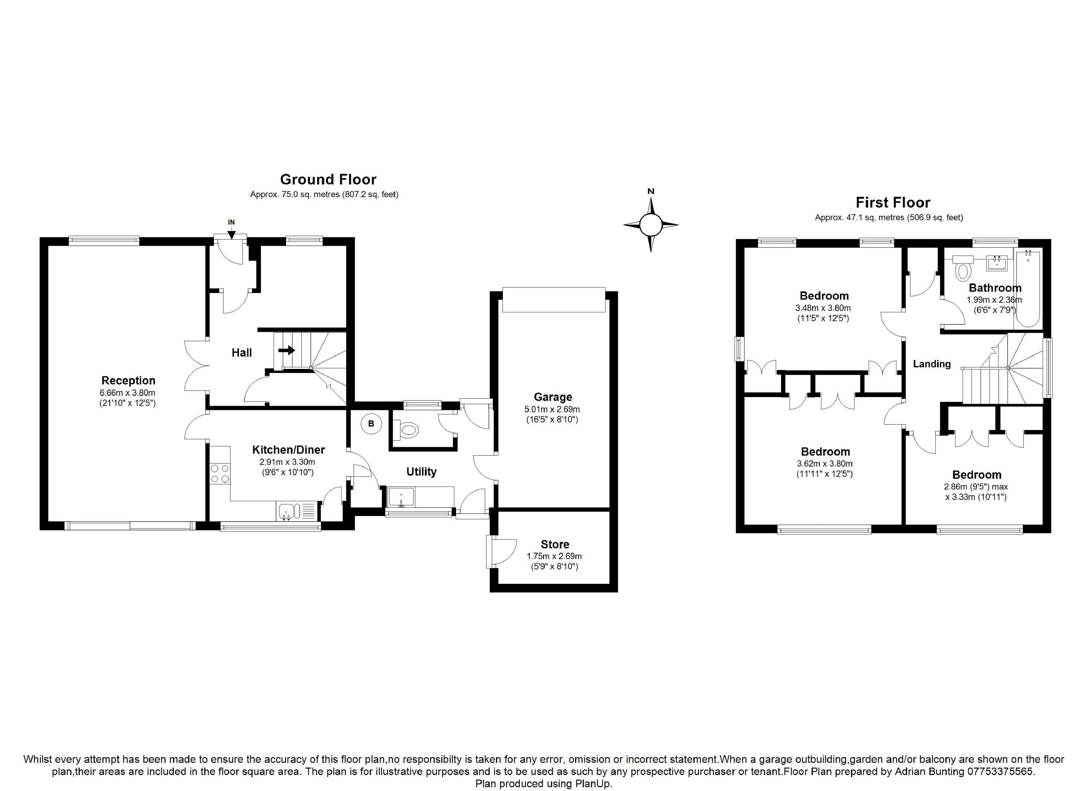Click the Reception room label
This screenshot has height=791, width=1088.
click(128, 380)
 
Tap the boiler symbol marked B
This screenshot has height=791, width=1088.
click(371, 424)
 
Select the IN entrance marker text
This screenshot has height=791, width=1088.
click(231, 222)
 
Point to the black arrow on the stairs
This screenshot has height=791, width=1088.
click(286, 350)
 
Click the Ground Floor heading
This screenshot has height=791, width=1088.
click(328, 179)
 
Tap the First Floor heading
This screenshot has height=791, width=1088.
click(893, 202)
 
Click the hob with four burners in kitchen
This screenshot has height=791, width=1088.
click(220, 473)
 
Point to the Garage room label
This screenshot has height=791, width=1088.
click(553, 397)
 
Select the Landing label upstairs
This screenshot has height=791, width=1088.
click(932, 364)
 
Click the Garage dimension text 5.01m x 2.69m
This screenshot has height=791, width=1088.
click(552, 409)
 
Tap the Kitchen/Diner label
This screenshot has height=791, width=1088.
click(288, 450)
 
